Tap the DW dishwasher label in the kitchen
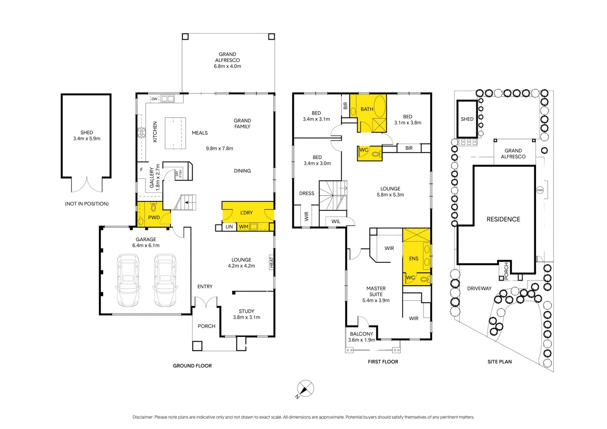[154, 99]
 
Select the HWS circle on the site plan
[540, 190]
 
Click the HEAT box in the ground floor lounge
[271, 262]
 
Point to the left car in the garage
[128, 280]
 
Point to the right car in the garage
[165, 280]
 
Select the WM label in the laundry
[243, 227]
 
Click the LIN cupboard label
[229, 227]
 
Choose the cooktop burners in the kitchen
[141, 132]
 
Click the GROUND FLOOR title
[192, 366]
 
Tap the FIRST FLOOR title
[383, 362]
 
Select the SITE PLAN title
[500, 362]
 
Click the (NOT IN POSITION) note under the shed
[87, 204]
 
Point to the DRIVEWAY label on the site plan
[479, 288]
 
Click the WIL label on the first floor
[336, 221]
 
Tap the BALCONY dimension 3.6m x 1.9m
[362, 340]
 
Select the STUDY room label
[247, 311]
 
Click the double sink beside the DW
[168, 99]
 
